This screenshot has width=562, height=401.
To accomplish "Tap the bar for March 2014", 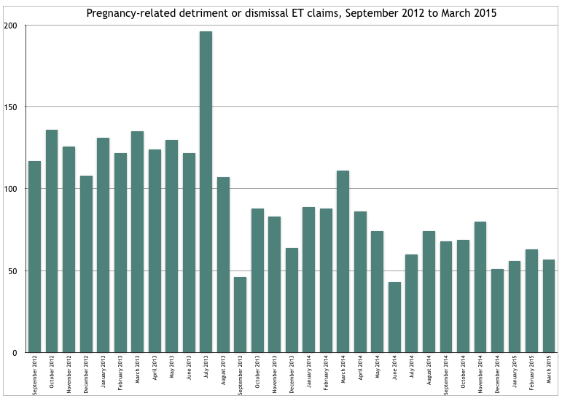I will tap(343, 262).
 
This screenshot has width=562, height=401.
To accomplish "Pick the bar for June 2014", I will tap(394, 317).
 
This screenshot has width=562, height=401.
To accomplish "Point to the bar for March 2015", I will tap(548, 306).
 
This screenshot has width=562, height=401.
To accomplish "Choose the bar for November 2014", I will tap(480, 287).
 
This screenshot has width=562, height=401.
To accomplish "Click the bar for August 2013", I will tap(223, 265).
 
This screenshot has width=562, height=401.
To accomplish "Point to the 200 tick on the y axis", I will tap(15, 26).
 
